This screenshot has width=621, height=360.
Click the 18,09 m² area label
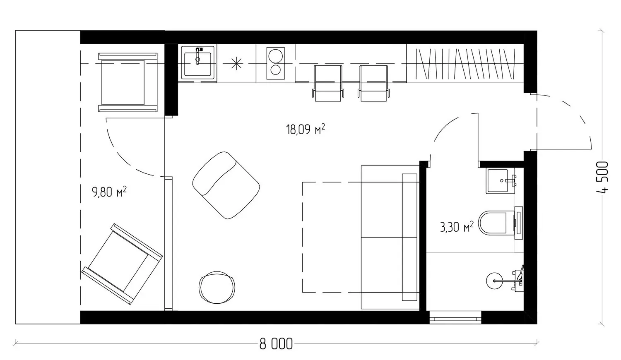[305, 130]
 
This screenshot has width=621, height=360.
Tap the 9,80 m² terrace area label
[109, 192]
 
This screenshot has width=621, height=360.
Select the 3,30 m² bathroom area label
[457, 227]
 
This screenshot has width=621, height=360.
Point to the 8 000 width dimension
[276, 344]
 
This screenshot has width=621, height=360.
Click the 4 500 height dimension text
[602, 178]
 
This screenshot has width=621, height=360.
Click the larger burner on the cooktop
[275, 56]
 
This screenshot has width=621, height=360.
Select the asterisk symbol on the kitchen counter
[236, 63]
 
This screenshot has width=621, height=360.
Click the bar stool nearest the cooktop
[328, 83]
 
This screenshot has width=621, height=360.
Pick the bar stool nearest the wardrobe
[373, 83]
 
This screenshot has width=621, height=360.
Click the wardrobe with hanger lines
[465, 63]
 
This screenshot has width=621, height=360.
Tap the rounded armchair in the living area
[226, 185]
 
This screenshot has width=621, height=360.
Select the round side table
[217, 287]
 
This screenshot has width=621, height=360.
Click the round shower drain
[494, 281]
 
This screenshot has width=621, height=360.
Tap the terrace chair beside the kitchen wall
[128, 82]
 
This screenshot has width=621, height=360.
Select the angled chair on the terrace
[122, 264]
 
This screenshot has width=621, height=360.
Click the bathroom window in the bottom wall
[455, 317]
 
